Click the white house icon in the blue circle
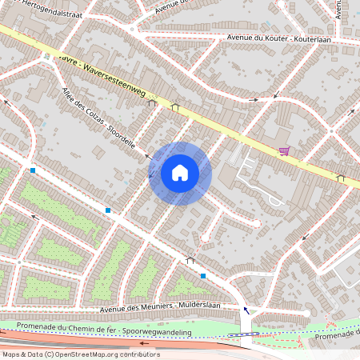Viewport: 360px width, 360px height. [x=180, y=173]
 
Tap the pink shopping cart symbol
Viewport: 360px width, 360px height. [x=284, y=150]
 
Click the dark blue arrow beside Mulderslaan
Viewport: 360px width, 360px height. [x=246, y=309]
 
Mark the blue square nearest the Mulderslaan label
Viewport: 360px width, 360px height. [x=203, y=276]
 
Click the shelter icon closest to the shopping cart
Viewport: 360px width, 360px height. [x=342, y=178]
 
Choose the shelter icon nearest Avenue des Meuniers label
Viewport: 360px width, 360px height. [x=190, y=260]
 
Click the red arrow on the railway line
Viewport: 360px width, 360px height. [x=145, y=342]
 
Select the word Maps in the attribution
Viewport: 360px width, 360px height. [x=11, y=354]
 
